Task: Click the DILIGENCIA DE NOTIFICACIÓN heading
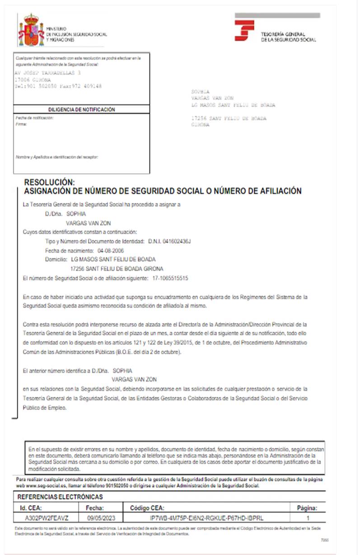click(82, 109)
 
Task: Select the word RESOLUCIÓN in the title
click(49, 183)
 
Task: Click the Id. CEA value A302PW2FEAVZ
click(47, 516)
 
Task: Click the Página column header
click(307, 508)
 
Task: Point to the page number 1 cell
click(308, 516)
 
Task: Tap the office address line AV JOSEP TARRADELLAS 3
click(48, 72)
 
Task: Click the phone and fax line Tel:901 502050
click(58, 86)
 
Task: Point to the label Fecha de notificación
click(34, 118)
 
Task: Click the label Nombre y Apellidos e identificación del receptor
click(56, 157)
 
